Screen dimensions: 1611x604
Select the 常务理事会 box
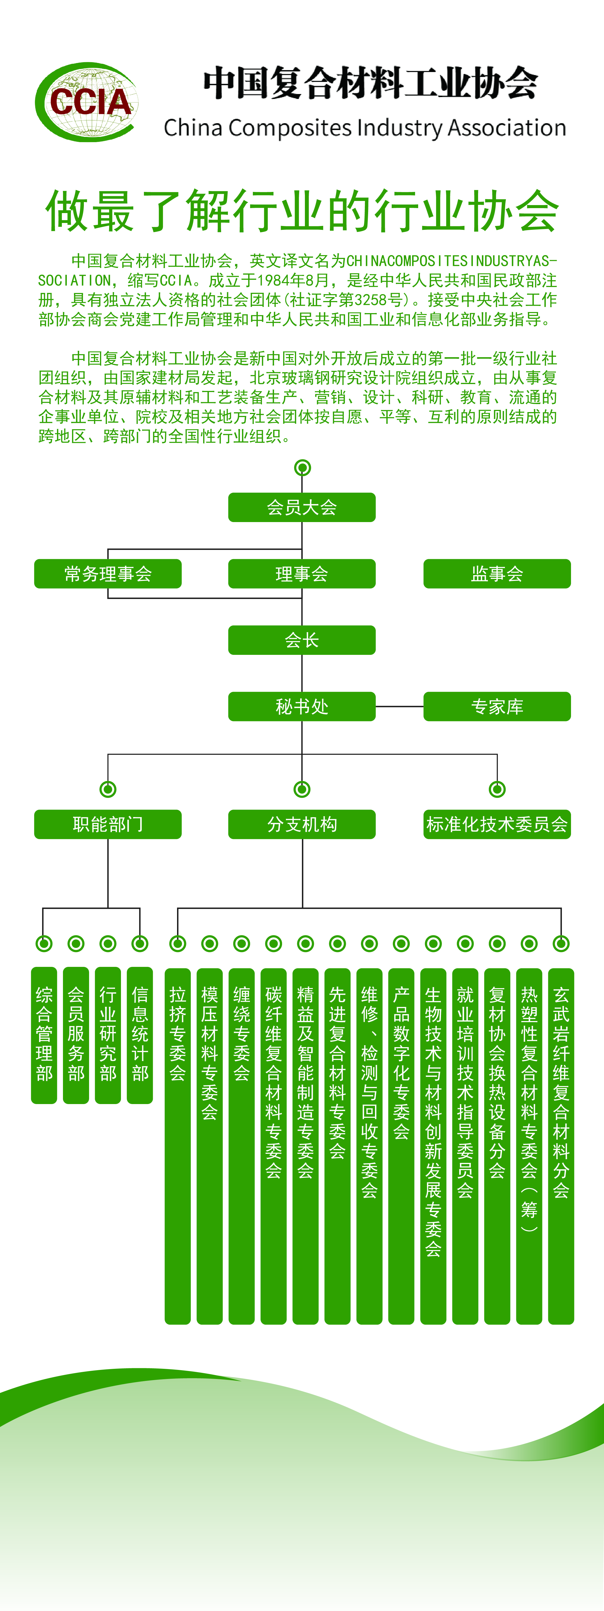click(107, 573)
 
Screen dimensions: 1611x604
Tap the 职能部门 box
click(107, 824)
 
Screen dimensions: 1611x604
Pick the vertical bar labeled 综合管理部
click(44, 1035)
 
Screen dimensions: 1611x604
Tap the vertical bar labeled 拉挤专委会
click(178, 1144)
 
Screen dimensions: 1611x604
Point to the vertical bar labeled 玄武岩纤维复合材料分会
click(561, 1144)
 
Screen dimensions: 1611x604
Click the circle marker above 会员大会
click(302, 468)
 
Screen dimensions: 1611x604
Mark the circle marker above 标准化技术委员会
click(497, 789)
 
